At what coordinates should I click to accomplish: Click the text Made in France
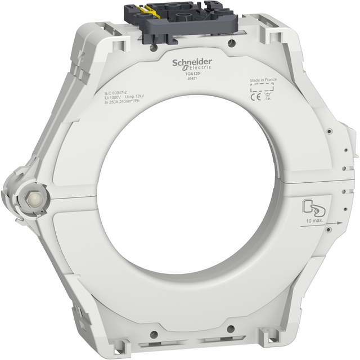click(264, 80)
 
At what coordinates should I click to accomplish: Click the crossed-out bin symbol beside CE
click(268, 96)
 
